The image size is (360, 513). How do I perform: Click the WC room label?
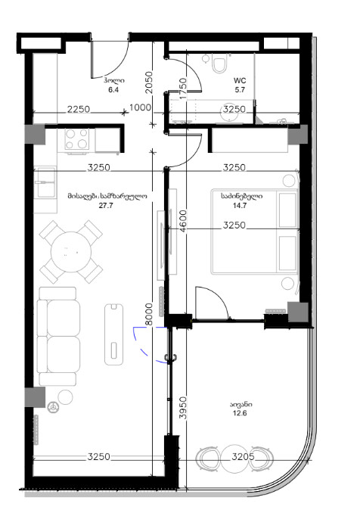coord(240,80)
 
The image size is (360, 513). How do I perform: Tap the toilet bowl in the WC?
coord(219,63)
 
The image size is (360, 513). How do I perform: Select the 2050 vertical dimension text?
coord(149,82)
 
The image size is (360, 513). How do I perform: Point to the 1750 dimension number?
coord(183,89)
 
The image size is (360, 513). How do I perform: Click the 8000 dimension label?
coord(149,314)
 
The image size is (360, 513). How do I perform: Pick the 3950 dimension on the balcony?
coord(183,408)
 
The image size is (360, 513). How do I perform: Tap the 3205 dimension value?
coord(243,456)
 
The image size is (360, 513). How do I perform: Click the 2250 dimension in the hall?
coord(79,109)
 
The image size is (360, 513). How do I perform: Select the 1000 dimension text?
coord(140,107)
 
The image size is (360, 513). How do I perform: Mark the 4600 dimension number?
coord(183,221)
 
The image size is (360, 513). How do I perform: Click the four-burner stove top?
coord(76,138)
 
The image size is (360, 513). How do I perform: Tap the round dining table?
coord(71,252)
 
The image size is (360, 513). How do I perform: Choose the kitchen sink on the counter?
coord(45,182)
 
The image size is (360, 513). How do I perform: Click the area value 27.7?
coord(106,206)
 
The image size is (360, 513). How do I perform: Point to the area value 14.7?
coord(240,206)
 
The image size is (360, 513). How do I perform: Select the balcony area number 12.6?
coord(240,413)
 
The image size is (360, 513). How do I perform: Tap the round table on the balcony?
coord(234,459)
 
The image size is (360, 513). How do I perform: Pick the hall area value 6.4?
coord(113,90)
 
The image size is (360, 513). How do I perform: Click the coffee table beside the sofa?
coord(113,334)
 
